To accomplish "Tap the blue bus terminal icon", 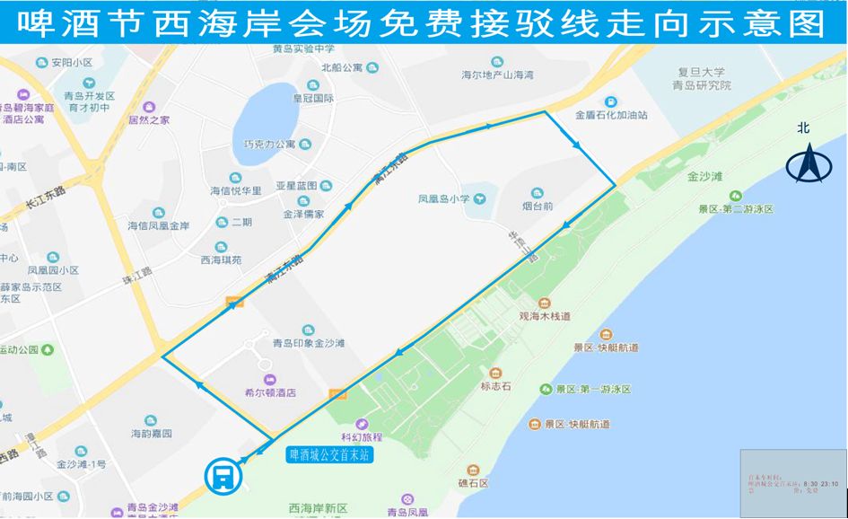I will [x=221, y=475].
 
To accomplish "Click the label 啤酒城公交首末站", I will [x=328, y=455].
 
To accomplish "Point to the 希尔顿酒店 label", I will [x=270, y=392].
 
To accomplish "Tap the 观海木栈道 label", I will [x=545, y=316].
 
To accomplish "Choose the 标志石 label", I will [x=495, y=386].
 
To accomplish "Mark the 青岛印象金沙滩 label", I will [x=310, y=343].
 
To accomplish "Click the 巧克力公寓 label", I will [x=269, y=145].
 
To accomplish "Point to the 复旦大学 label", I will [x=701, y=72].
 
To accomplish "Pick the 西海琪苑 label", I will [x=221, y=260].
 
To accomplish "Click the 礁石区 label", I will [x=471, y=483].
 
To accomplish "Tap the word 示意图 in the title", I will [x=768, y=24].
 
